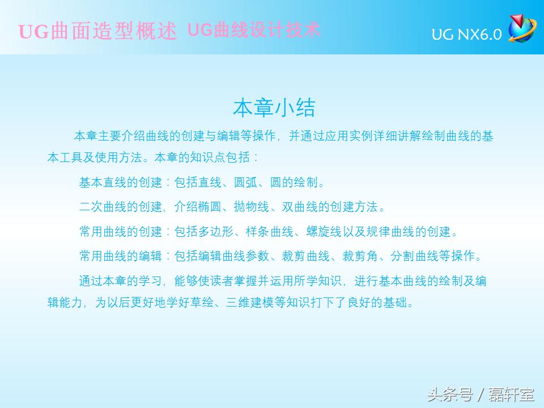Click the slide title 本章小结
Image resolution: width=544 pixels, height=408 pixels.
[x=274, y=107]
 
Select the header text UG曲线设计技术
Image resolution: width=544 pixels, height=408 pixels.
[x=253, y=30]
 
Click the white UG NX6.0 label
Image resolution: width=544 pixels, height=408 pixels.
[x=466, y=35]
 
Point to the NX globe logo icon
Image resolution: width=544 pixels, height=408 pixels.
[x=521, y=28]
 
